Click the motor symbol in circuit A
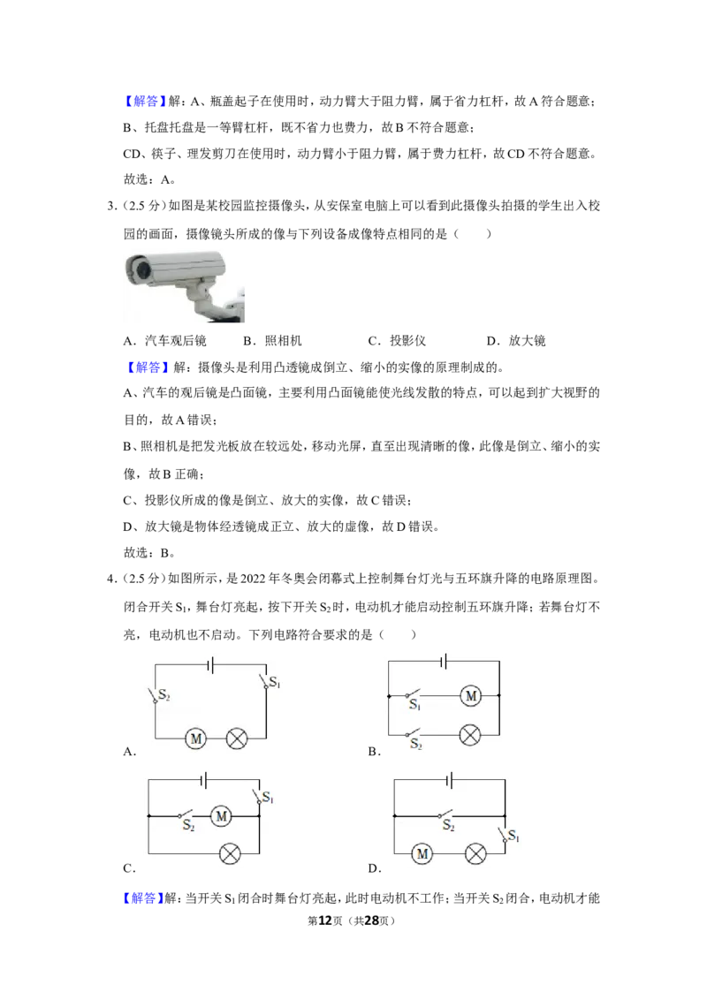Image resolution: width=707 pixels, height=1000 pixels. pos(196,739)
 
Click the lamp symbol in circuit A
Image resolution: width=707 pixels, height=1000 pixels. pos(237,739)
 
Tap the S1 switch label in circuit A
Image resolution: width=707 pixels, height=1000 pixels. pos(275,682)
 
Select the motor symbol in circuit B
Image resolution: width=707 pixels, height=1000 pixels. pos(471,696)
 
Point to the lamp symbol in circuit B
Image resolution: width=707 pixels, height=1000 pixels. pos(470,735)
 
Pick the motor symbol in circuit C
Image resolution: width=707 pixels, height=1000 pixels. pos(221,815)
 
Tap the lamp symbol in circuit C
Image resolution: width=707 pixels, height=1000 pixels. pos(230,854)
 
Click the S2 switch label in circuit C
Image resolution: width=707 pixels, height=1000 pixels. pos(188,826)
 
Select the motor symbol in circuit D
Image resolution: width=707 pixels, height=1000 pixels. pos(422,853)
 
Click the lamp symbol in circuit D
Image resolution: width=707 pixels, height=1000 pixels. pos(475,853)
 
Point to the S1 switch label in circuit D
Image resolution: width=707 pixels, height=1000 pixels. pos(513,836)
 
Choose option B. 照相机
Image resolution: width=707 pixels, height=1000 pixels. pos(272,341)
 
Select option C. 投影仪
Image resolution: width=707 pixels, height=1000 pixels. pos(397,341)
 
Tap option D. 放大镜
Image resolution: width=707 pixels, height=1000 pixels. pos(515,341)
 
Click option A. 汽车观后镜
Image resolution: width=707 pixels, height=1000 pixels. pos(164,341)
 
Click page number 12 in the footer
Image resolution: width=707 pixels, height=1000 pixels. pos(325,920)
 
